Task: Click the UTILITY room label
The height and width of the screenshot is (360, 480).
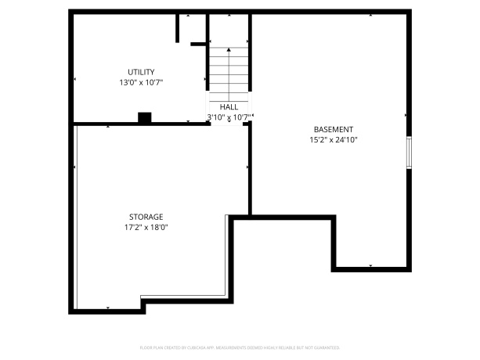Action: [x=141, y=72]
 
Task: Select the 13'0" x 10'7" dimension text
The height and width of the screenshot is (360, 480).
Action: [x=141, y=81]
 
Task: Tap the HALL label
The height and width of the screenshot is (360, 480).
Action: [x=229, y=107]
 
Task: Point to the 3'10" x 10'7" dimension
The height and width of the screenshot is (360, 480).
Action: [x=229, y=117]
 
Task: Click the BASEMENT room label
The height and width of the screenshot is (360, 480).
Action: [x=334, y=130]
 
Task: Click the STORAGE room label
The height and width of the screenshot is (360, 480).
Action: [x=146, y=217]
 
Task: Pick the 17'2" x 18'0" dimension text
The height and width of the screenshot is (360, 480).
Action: [x=146, y=227]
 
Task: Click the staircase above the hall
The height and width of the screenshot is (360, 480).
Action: [x=229, y=70]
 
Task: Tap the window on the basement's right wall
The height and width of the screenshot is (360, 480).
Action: [x=408, y=153]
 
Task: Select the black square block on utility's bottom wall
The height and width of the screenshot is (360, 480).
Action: [x=144, y=118]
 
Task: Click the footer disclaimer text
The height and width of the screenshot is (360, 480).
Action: [x=240, y=345]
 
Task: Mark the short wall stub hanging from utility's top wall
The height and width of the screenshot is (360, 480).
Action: [x=178, y=28]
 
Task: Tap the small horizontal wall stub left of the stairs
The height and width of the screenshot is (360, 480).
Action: [x=199, y=44]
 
